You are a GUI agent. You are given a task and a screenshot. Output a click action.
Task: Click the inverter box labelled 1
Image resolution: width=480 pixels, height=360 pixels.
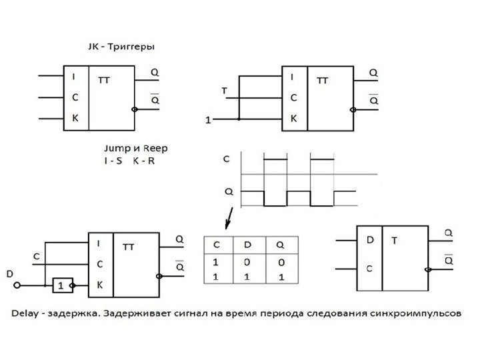[x=62, y=285]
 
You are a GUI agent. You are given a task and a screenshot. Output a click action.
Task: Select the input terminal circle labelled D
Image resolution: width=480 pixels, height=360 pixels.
[x=18, y=285]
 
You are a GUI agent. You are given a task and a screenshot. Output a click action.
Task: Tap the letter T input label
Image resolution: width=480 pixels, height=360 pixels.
[x=224, y=90]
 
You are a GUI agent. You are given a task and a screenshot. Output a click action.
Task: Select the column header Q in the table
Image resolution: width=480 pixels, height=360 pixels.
[x=281, y=245]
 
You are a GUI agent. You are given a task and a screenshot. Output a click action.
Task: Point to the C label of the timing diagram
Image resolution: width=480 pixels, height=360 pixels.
[x=227, y=159]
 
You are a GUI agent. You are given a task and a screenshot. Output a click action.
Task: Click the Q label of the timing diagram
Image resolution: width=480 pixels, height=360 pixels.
[x=229, y=191]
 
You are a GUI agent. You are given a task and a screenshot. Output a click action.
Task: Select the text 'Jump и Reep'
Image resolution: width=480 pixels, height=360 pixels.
[x=132, y=148]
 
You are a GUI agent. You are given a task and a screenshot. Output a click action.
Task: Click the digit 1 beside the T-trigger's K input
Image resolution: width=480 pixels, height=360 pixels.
[x=208, y=121]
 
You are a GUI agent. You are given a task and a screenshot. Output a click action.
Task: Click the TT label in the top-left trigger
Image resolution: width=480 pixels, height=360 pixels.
[x=104, y=80]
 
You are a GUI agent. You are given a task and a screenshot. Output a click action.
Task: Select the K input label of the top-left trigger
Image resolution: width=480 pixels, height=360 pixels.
[x=75, y=118]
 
